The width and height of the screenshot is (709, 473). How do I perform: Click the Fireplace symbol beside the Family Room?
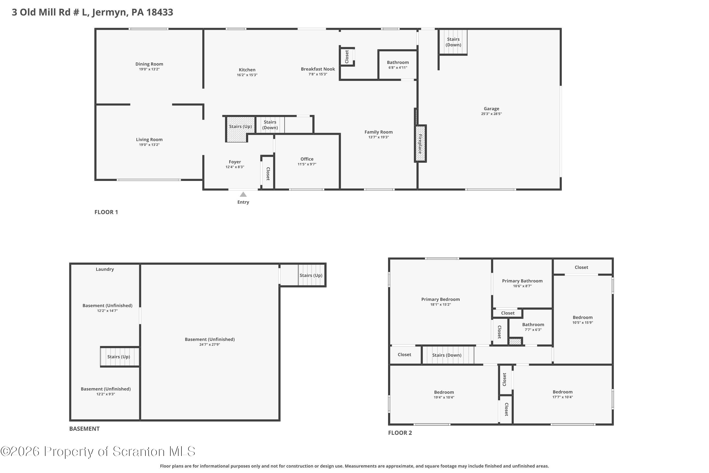[420, 144]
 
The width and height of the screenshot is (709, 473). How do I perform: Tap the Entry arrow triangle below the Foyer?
[243, 195]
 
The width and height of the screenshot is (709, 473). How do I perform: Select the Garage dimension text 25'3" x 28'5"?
[491, 114]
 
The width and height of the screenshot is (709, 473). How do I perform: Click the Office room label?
[307, 159]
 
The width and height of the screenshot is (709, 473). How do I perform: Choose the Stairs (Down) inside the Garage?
[453, 42]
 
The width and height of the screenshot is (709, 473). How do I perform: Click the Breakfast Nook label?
[318, 69]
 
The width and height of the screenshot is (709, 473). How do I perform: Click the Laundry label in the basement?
[105, 269]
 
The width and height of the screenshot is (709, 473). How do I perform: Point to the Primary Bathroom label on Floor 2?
[522, 281]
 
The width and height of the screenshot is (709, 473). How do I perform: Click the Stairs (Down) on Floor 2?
[447, 355]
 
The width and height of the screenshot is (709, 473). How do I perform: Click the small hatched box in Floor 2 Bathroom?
[515, 342]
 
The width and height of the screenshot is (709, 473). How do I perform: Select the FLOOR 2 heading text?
[400, 433]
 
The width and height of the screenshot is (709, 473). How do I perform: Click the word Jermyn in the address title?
[110, 12]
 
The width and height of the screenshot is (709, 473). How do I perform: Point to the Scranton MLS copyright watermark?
[98, 451]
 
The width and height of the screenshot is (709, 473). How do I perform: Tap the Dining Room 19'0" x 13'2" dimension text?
[149, 69]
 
